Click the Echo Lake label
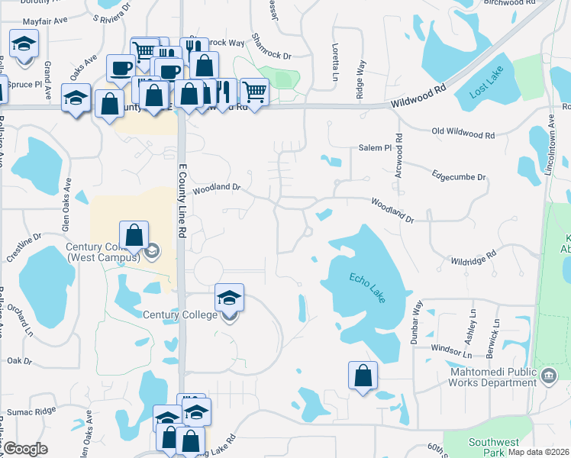(x=368, y=287)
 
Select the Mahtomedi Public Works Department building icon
(x=548, y=376)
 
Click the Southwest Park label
(x=493, y=447)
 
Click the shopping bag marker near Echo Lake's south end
(x=363, y=376)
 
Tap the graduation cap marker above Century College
(x=229, y=297)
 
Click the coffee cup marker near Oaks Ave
(x=120, y=68)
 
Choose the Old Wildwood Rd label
(x=463, y=134)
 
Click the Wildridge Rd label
(x=473, y=260)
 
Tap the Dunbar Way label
(x=417, y=324)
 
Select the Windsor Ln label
(x=451, y=352)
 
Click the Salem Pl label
(x=375, y=148)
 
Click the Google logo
(x=25, y=449)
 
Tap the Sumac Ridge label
(x=31, y=411)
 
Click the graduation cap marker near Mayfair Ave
(x=24, y=44)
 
